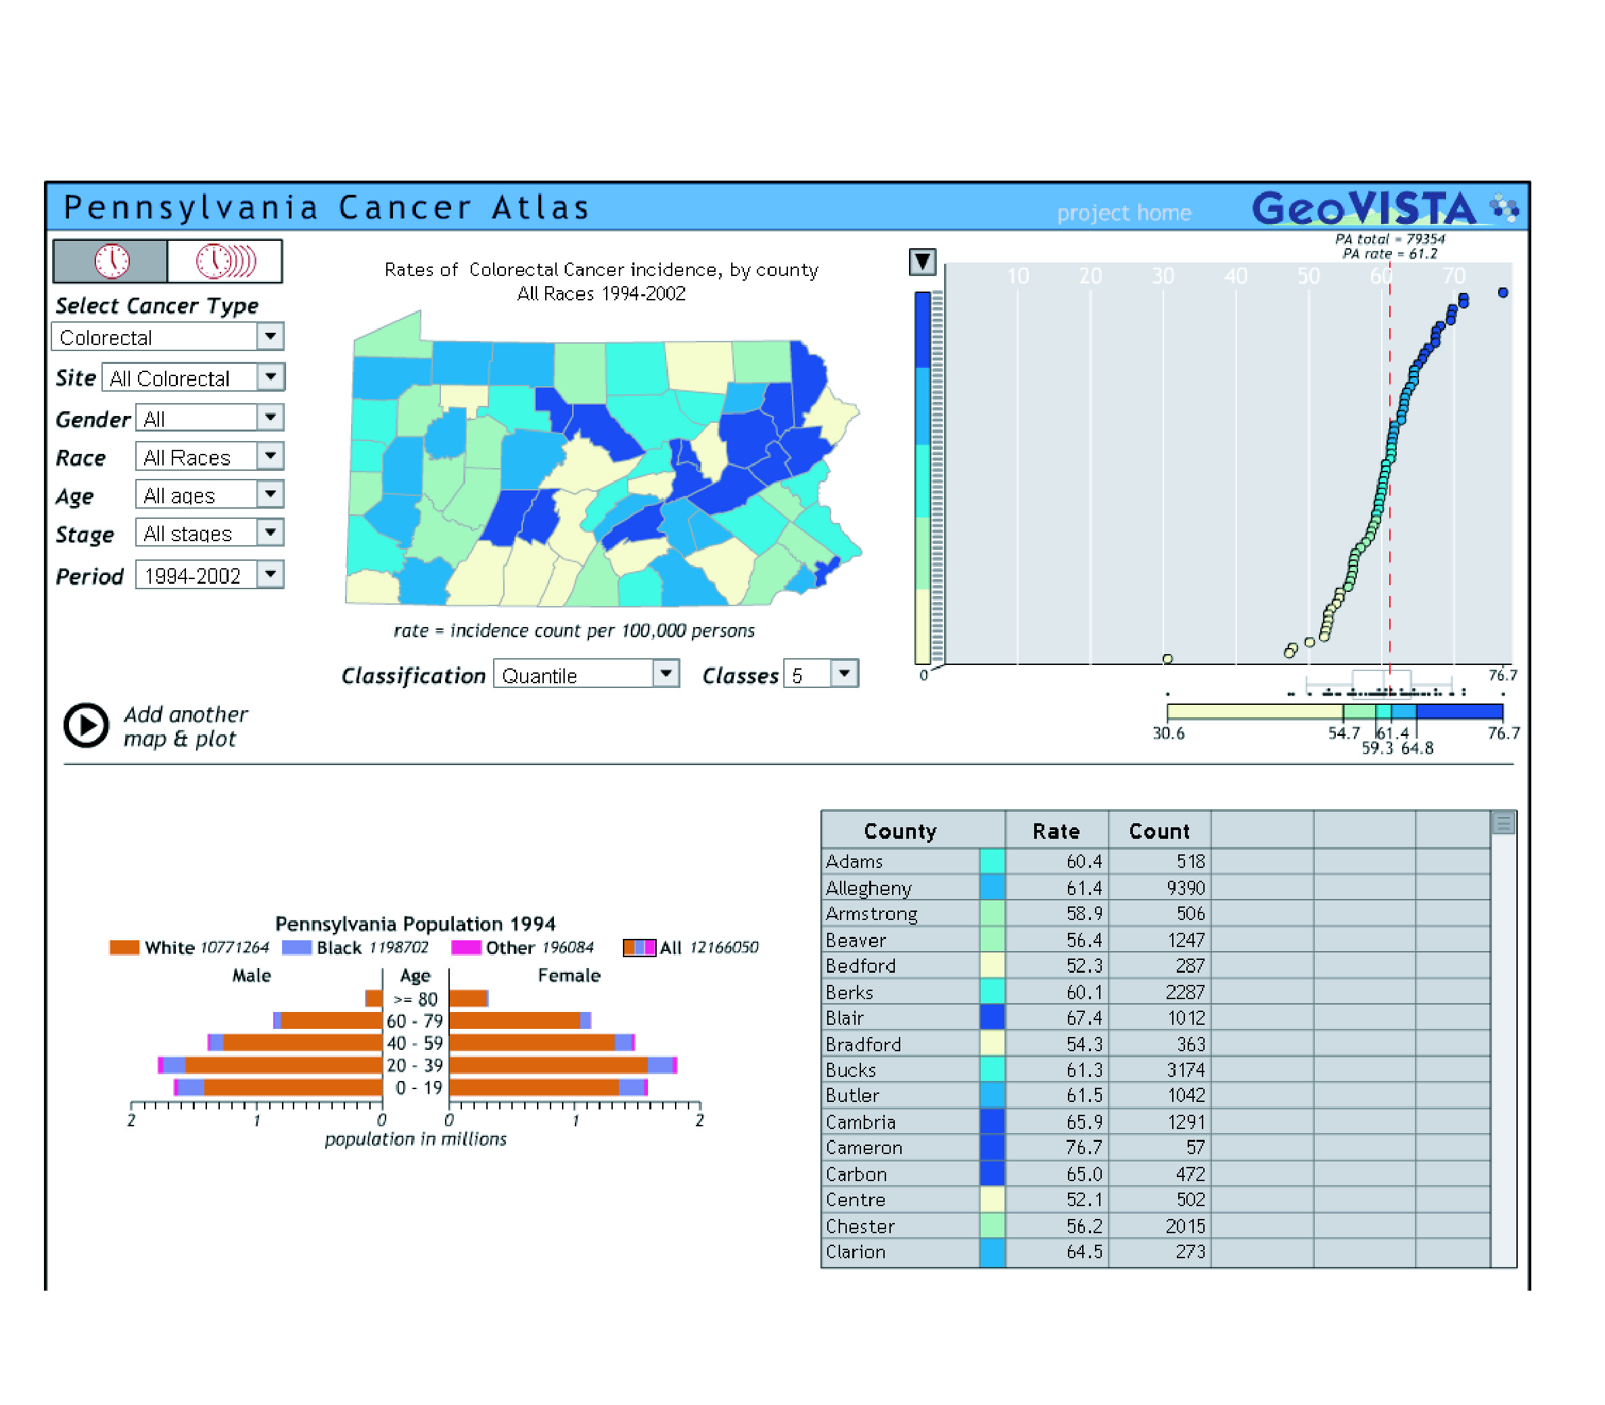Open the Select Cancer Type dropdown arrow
click(x=270, y=336)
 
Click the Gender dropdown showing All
click(x=210, y=418)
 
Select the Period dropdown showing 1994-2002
click(x=210, y=576)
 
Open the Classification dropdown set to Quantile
click(x=586, y=674)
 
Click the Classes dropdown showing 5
click(x=821, y=674)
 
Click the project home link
click(x=1123, y=212)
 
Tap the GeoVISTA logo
click(x=1385, y=208)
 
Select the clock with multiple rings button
click(x=225, y=261)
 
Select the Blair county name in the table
click(x=845, y=1017)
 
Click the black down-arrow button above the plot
click(x=923, y=262)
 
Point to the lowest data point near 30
click(x=1167, y=659)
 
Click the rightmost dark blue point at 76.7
click(x=1502, y=292)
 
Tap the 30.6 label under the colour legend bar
click(x=1168, y=733)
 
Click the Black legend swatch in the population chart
click(x=296, y=947)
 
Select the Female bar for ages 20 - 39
click(x=563, y=1065)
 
